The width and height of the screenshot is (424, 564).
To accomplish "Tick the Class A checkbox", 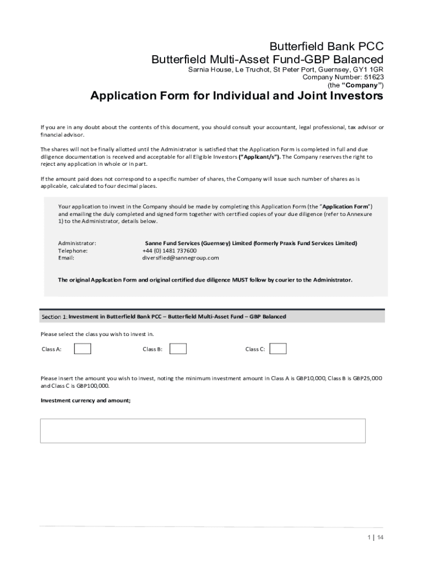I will [83, 349].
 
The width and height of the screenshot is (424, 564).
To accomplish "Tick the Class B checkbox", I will [178, 349].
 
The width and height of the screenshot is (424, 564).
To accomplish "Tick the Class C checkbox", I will [278, 349].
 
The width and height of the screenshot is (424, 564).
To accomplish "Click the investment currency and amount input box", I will [203, 431].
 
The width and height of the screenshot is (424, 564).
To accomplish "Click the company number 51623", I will [373, 78].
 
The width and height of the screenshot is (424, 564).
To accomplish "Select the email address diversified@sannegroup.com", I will [181, 257].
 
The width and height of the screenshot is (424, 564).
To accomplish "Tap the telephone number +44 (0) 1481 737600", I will [169, 250].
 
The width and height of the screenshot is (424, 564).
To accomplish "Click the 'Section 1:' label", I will [54, 317].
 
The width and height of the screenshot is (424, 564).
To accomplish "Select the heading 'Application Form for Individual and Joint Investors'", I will [236, 96].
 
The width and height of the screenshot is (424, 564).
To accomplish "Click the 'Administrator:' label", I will [77, 243].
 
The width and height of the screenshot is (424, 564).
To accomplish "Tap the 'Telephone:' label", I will [73, 250].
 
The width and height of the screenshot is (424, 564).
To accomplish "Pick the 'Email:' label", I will [66, 257].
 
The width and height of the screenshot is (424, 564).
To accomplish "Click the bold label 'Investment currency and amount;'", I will [86, 400].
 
